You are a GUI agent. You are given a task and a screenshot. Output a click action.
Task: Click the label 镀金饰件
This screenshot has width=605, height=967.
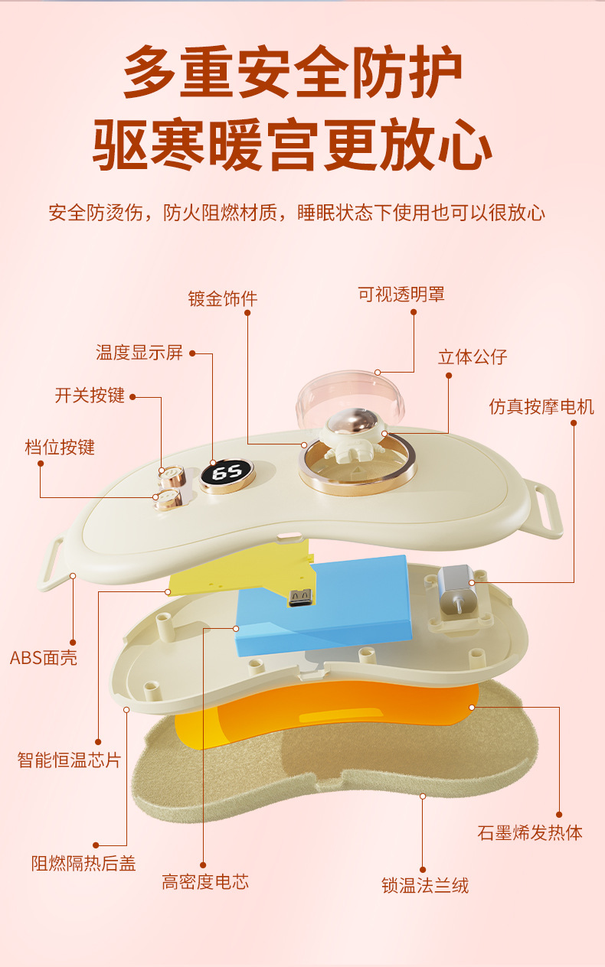pos(222,298)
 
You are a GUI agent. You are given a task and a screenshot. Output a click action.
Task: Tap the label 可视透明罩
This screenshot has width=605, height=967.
pos(401,294)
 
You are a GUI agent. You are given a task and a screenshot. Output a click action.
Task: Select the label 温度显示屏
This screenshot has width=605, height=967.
pos(139,353)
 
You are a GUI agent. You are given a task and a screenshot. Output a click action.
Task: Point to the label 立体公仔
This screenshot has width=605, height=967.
pos(473,357)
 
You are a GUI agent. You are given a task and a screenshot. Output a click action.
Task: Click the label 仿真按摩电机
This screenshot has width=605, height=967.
pos(541,406)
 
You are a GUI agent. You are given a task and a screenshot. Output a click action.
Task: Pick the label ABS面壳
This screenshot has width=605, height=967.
pos(44,657)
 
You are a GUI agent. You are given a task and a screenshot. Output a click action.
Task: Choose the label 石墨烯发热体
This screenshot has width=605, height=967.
pos(530,833)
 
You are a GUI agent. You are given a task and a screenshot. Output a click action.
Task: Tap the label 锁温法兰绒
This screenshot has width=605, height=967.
pos(425,886)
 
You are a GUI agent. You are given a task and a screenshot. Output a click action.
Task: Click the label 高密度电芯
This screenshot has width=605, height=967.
pos(205,882)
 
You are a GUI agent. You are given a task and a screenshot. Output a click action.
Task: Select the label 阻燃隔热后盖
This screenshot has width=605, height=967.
pos(83,864)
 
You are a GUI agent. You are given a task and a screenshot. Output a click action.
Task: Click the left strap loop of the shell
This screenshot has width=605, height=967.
pos(51,565)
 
